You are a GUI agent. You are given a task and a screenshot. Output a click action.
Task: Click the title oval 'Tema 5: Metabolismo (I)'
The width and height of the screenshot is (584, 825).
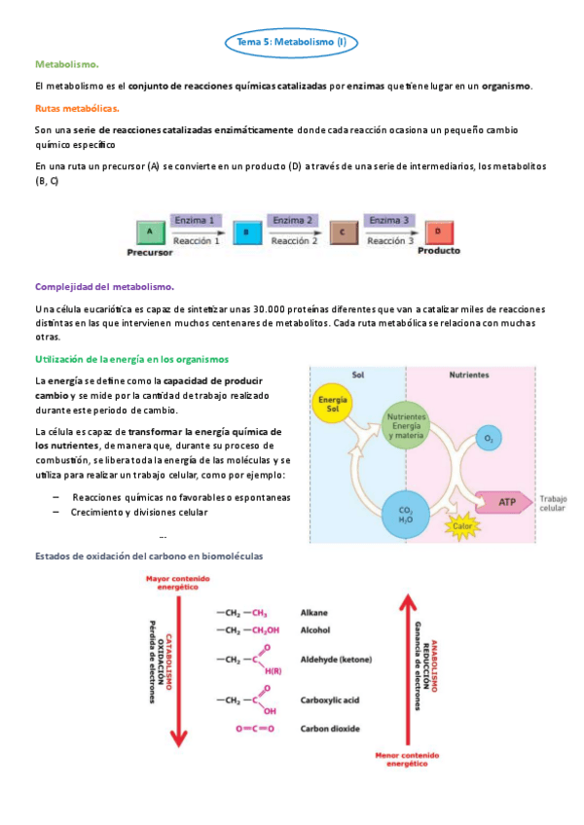[292, 43]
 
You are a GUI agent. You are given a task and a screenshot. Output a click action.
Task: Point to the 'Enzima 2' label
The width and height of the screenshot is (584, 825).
[293, 221]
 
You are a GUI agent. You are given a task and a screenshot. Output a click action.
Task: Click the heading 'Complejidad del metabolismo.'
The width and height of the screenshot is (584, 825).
[104, 287]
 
